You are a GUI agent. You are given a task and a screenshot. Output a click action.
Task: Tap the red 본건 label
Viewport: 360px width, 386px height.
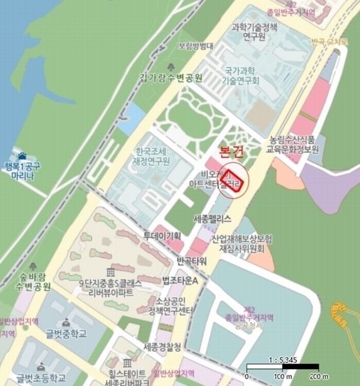tap(232, 152)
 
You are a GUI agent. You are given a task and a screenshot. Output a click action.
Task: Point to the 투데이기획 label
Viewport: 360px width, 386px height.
tap(161, 235)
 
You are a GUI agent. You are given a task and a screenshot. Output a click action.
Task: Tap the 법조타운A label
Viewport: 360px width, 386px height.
tap(180, 282)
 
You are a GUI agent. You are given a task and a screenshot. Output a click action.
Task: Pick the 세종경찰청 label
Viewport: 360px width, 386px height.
tap(162, 347)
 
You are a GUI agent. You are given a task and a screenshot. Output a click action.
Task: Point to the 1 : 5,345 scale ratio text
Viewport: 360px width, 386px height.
tap(282, 360)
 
